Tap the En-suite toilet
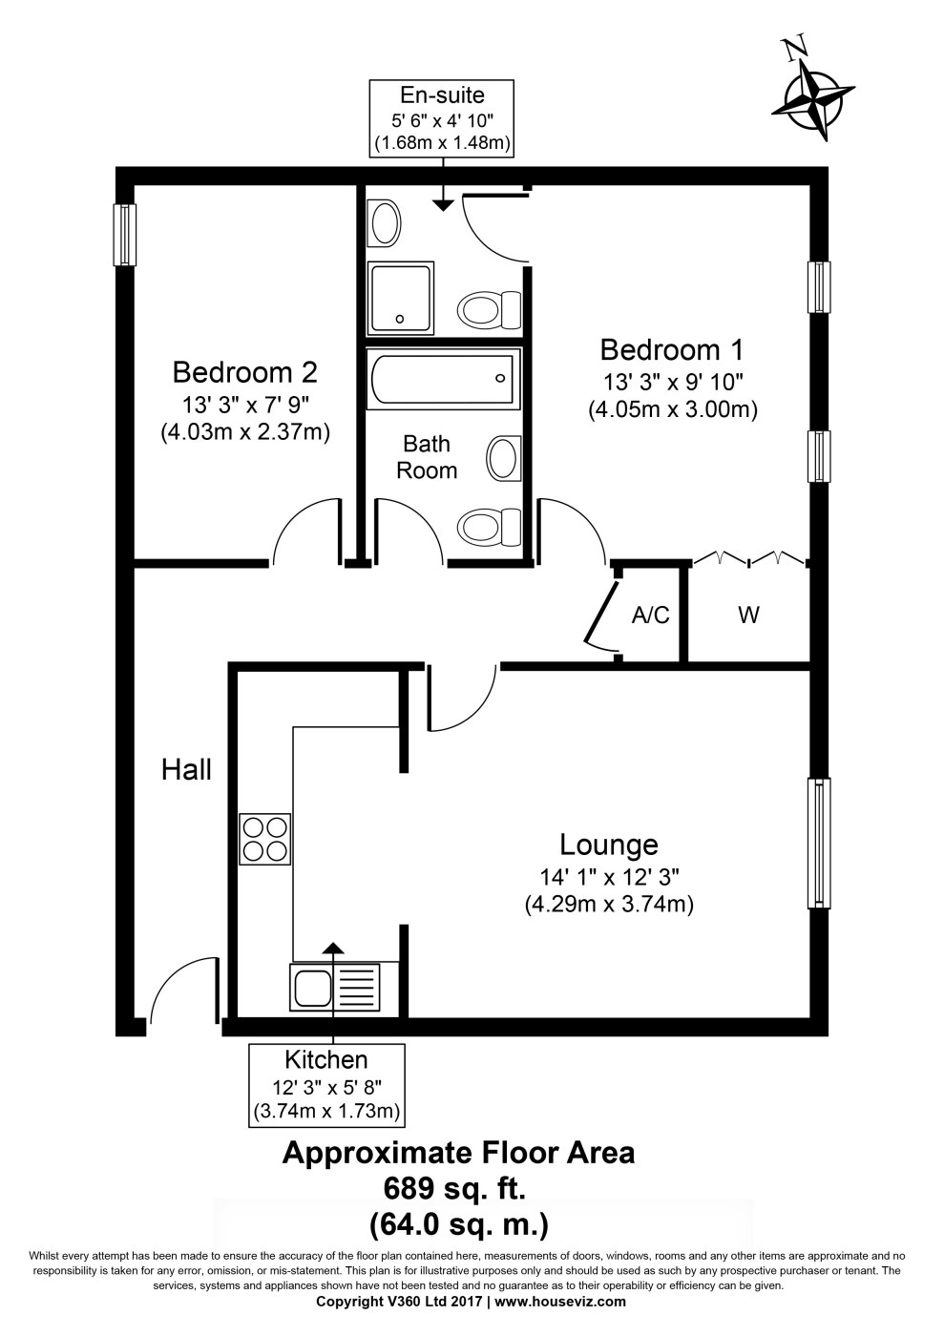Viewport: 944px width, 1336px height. click(490, 309)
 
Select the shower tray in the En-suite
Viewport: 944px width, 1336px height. click(400, 298)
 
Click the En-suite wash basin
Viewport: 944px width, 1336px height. click(385, 222)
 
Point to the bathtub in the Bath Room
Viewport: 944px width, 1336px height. click(442, 378)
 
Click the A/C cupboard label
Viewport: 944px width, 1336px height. click(650, 615)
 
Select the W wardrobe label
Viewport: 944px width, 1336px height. click(749, 615)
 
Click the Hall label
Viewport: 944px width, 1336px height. click(186, 770)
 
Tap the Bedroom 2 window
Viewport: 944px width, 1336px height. click(125, 235)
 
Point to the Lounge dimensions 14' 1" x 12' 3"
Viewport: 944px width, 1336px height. click(609, 877)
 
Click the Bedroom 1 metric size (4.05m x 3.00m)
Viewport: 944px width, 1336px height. click(673, 409)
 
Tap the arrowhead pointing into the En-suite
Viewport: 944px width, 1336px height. click(443, 204)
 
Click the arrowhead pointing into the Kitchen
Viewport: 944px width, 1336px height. click(333, 948)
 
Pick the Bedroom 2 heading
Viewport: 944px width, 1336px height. click(244, 372)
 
